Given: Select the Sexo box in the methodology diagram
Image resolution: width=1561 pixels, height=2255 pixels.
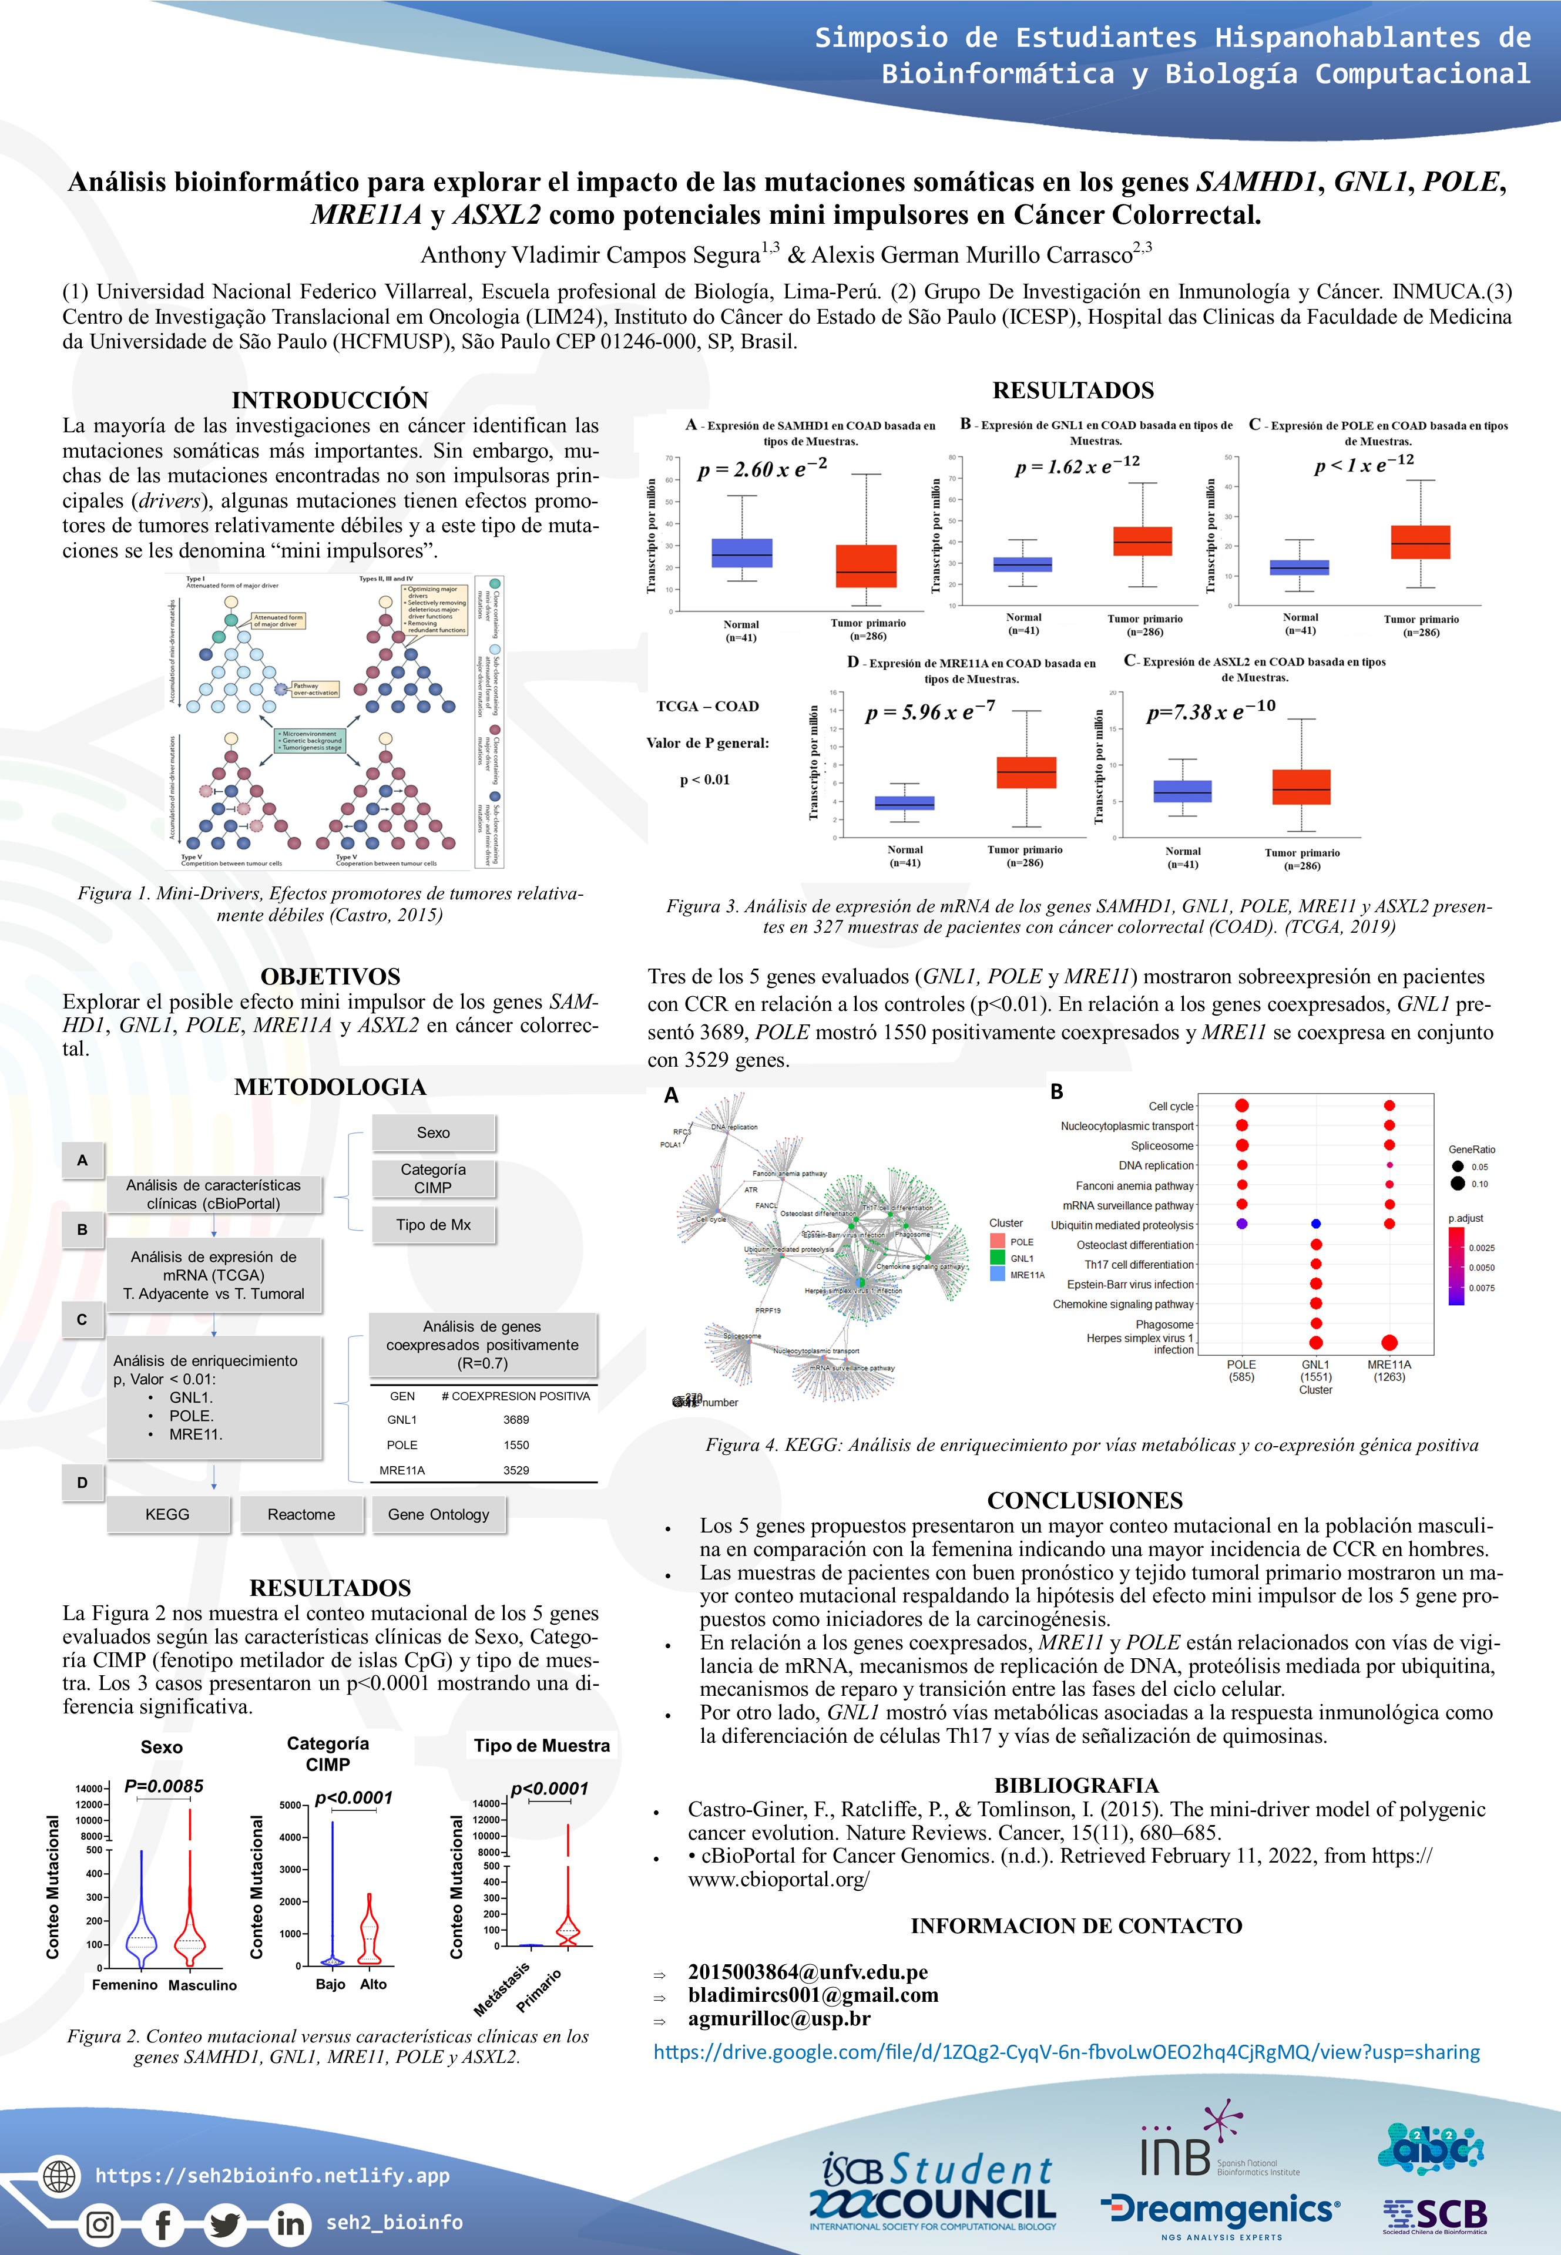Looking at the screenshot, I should [434, 1132].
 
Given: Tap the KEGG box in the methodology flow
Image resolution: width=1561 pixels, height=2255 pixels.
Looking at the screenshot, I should [167, 1514].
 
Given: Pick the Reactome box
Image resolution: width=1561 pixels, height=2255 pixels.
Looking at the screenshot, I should [301, 1514].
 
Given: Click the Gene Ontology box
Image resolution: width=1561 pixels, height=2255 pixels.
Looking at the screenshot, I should [438, 1514].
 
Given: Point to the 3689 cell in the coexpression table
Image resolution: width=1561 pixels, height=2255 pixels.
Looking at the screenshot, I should [516, 1420].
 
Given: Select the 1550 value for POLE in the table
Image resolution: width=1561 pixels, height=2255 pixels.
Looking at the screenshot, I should [516, 1444].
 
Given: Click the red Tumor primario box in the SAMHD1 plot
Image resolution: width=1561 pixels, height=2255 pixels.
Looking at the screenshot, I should [865, 565].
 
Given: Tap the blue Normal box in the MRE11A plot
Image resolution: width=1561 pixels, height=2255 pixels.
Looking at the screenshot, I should [905, 803].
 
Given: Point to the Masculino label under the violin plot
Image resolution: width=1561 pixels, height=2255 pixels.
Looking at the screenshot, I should [203, 1985].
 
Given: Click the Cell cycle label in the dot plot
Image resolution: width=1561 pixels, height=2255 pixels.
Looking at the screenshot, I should [1171, 1106].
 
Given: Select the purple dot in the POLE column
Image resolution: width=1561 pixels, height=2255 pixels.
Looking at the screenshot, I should [1241, 1224].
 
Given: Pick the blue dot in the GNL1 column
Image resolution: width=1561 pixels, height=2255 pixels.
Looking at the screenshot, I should [1315, 1224].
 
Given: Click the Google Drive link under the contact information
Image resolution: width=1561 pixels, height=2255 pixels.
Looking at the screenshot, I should [1066, 2052].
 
